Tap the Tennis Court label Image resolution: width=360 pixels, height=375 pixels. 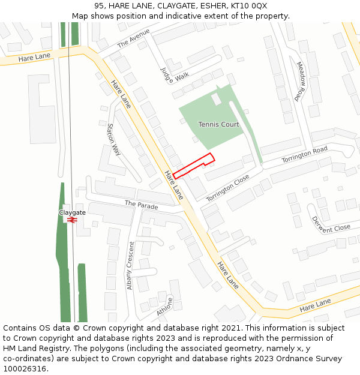[x=219, y=125]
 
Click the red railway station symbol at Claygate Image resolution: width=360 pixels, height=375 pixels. [x=72, y=220]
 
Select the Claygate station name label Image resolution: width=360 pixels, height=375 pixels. [x=72, y=212]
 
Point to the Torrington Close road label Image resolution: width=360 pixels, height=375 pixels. [x=227, y=188]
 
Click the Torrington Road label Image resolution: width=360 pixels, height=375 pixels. [x=304, y=155]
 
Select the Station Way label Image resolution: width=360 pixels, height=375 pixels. [x=113, y=139]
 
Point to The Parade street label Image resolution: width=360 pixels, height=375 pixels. [x=141, y=205]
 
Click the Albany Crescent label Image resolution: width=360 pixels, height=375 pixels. [x=130, y=265]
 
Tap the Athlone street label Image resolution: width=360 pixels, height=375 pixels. [x=165, y=307]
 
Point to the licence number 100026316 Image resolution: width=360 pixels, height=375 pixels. [x=25, y=368]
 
